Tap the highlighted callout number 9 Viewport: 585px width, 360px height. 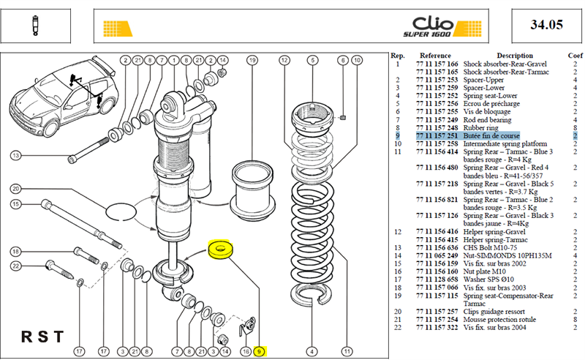(259, 351)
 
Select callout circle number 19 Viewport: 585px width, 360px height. (252, 60)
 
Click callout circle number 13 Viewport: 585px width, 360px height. (15, 155)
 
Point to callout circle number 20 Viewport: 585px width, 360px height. (15, 189)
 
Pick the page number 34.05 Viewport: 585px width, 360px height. (546, 25)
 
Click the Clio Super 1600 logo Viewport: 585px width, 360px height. (442, 27)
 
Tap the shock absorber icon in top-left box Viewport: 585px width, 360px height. (35, 26)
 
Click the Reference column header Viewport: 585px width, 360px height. (435, 56)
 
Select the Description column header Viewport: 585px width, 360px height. (515, 56)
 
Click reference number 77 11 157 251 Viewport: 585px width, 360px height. (437, 136)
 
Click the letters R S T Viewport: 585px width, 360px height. (42, 337)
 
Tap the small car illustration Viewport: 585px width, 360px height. (64, 95)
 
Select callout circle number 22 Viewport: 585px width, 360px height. (15, 266)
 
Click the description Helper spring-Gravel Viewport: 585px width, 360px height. (494, 232)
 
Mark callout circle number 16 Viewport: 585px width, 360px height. (246, 351)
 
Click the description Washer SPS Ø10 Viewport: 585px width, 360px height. (488, 280)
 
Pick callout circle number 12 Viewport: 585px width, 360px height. (284, 60)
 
